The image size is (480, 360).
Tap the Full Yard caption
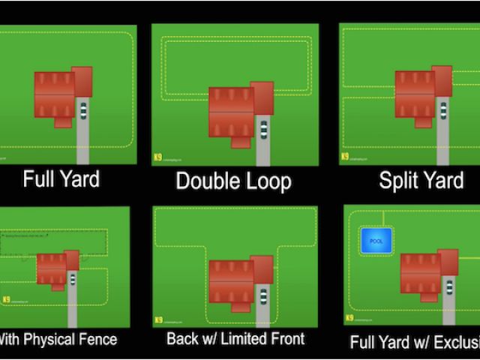pyautogui.click(x=61, y=179)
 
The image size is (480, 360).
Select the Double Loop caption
pyautogui.click(x=233, y=181)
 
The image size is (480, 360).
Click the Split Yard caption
pyautogui.click(x=420, y=180)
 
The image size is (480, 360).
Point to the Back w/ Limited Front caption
pyautogui.click(x=235, y=338)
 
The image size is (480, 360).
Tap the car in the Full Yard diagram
pyautogui.click(x=82, y=111)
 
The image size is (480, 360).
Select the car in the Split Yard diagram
pyautogui.click(x=442, y=109)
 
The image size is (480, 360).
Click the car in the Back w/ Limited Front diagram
pyautogui.click(x=263, y=295)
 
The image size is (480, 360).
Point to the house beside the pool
pyautogui.click(x=424, y=272)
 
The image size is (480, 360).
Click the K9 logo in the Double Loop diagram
pyautogui.click(x=156, y=157)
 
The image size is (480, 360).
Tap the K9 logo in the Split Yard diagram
pyautogui.click(x=345, y=157)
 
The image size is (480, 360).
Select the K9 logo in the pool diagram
pyautogui.click(x=349, y=319)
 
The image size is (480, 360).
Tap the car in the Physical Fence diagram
pyautogui.click(x=72, y=278)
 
